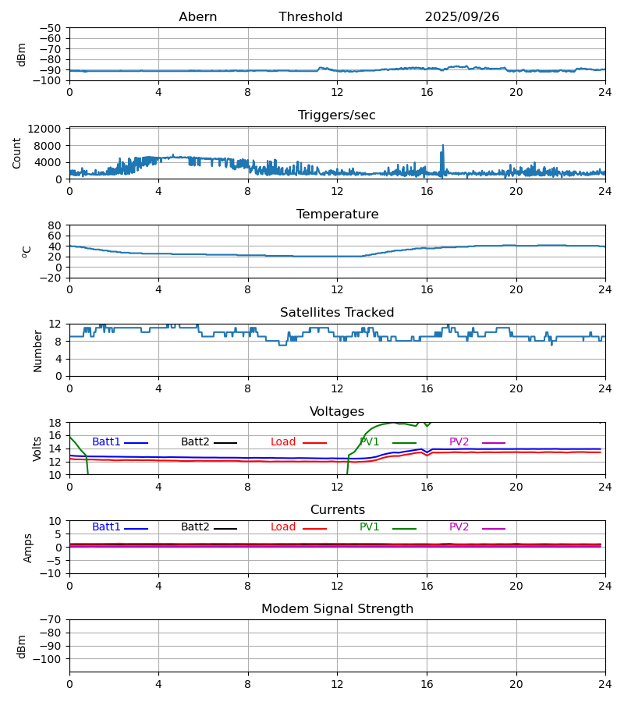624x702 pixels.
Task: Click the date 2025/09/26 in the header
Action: coord(462,17)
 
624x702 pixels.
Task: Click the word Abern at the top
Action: coord(198,17)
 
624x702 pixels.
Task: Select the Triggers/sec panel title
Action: coord(337,115)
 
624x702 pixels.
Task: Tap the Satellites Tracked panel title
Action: coord(337,313)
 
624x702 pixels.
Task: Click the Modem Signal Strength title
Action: coord(337,609)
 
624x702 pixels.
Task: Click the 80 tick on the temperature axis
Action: coord(55,225)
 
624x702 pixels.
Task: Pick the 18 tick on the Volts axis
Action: coord(55,423)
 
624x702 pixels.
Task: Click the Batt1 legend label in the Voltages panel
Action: coord(106,442)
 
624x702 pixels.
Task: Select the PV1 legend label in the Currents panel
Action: coord(369,527)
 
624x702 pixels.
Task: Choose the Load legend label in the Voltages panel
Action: coord(283,442)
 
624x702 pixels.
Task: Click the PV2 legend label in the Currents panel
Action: coord(459,527)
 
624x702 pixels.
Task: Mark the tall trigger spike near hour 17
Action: coord(443,147)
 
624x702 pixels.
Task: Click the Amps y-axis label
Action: coord(28,548)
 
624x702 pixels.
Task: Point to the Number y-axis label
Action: coord(37,350)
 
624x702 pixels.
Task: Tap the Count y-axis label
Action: coord(17,153)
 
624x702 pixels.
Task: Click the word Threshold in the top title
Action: coord(310,17)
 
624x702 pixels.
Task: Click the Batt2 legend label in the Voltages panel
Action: coord(195,442)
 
